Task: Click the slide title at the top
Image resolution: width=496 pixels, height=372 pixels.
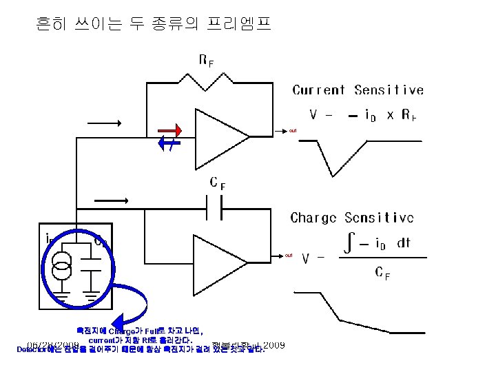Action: pos(153,25)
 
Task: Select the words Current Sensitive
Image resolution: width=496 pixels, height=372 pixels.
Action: pos(358,90)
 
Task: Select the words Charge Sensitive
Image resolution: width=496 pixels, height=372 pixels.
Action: pos(352,218)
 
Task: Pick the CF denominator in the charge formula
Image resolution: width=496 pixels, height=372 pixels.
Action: pos(382,273)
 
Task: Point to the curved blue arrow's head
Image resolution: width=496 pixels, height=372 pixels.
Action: pos(118,321)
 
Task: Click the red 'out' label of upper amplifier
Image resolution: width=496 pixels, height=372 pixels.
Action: pos(292,130)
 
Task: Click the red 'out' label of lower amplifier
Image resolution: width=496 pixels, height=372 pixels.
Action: pos(289,256)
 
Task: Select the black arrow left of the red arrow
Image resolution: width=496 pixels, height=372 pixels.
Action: pos(103,124)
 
